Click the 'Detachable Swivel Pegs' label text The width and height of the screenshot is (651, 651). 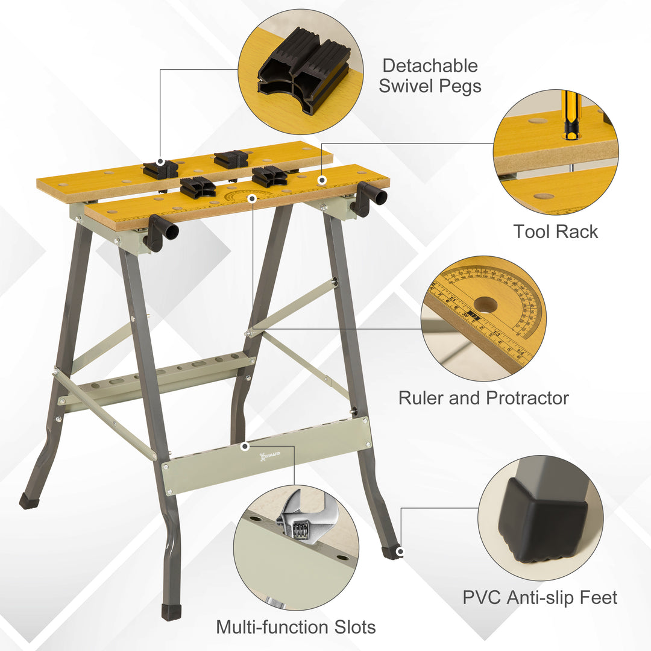(430, 75)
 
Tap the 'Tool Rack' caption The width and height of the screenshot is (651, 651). (555, 231)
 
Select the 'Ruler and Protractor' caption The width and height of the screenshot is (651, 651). (483, 398)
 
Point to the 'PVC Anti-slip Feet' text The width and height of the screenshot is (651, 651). (539, 597)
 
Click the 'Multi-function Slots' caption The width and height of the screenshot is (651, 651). (295, 627)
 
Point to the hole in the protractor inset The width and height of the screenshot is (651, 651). (485, 304)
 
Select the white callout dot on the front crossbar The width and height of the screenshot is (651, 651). (245, 447)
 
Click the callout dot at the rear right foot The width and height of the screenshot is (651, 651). (399, 552)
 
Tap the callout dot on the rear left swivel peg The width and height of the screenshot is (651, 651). (160, 162)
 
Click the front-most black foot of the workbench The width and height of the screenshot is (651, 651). (172, 612)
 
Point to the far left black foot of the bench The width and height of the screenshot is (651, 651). (28, 501)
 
